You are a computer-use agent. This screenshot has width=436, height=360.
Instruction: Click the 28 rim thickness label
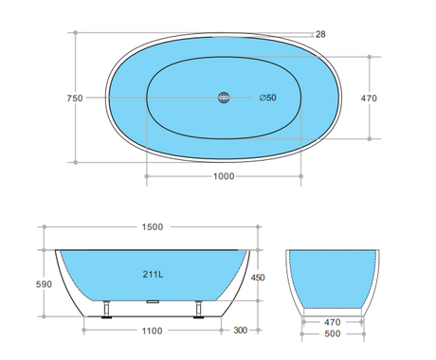click(320, 34)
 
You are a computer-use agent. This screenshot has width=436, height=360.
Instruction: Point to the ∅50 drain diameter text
click(269, 98)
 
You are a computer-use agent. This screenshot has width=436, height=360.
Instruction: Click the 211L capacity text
click(153, 275)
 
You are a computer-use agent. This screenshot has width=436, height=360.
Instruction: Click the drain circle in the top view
click(224, 97)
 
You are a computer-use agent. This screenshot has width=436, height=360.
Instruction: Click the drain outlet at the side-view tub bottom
click(153, 302)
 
